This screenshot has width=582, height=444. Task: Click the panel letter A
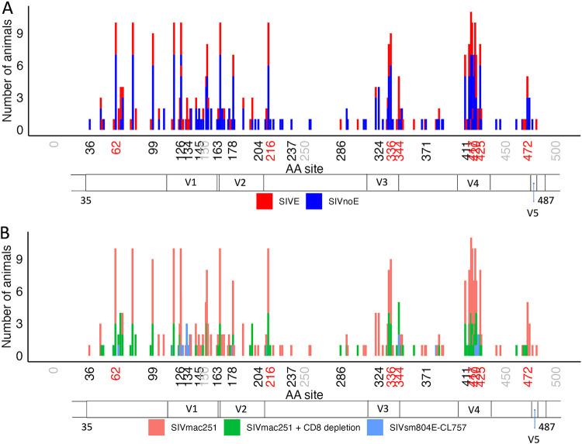[8, 9]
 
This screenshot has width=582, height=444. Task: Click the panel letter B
[8, 231]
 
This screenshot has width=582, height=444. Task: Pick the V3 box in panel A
[382, 182]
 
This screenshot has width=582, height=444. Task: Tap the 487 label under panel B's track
[547, 425]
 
